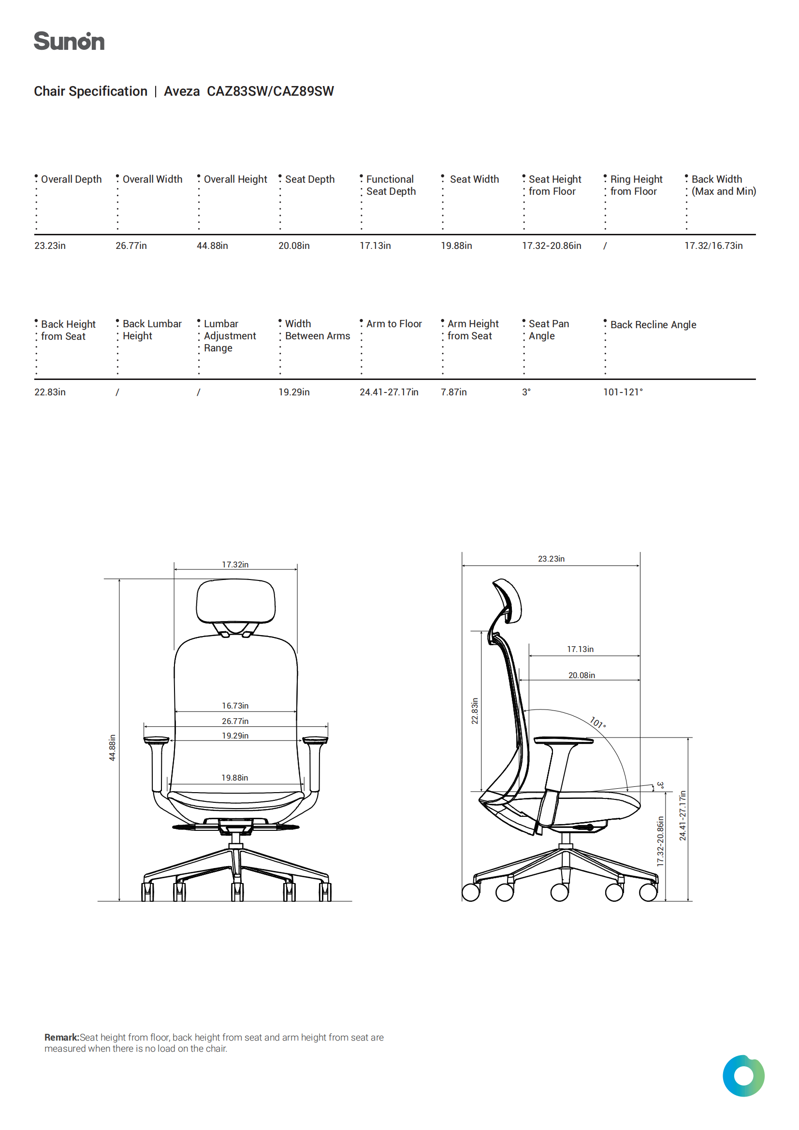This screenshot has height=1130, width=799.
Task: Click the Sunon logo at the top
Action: click(x=69, y=41)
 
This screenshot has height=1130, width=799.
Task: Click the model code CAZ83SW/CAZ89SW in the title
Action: click(x=270, y=91)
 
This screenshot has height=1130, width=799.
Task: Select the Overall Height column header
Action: click(x=235, y=179)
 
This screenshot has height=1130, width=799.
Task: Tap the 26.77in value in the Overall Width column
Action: click(x=131, y=246)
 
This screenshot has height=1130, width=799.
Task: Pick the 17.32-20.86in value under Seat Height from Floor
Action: click(x=552, y=246)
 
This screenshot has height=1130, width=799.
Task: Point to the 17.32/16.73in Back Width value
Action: click(x=713, y=246)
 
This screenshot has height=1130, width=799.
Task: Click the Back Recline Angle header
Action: click(x=654, y=325)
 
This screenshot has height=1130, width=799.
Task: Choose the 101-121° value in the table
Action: click(x=623, y=392)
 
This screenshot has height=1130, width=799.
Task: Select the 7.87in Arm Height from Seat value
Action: click(x=453, y=392)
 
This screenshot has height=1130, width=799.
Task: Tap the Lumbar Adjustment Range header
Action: click(x=230, y=335)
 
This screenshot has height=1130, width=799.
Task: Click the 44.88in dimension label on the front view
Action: click(x=112, y=748)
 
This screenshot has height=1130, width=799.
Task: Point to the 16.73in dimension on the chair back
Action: click(x=235, y=706)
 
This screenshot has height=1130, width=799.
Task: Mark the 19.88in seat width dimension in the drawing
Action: click(x=234, y=778)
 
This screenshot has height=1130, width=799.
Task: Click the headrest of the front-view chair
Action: click(x=235, y=601)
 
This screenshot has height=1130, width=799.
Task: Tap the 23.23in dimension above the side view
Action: click(x=551, y=559)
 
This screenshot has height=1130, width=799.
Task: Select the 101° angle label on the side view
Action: click(x=597, y=723)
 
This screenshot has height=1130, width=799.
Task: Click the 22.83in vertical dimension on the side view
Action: click(x=475, y=710)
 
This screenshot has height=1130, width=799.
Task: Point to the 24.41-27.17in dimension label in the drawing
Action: click(x=683, y=815)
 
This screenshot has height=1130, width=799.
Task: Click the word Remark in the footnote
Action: click(x=61, y=1037)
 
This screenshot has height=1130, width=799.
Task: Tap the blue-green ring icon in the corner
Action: click(x=743, y=1076)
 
